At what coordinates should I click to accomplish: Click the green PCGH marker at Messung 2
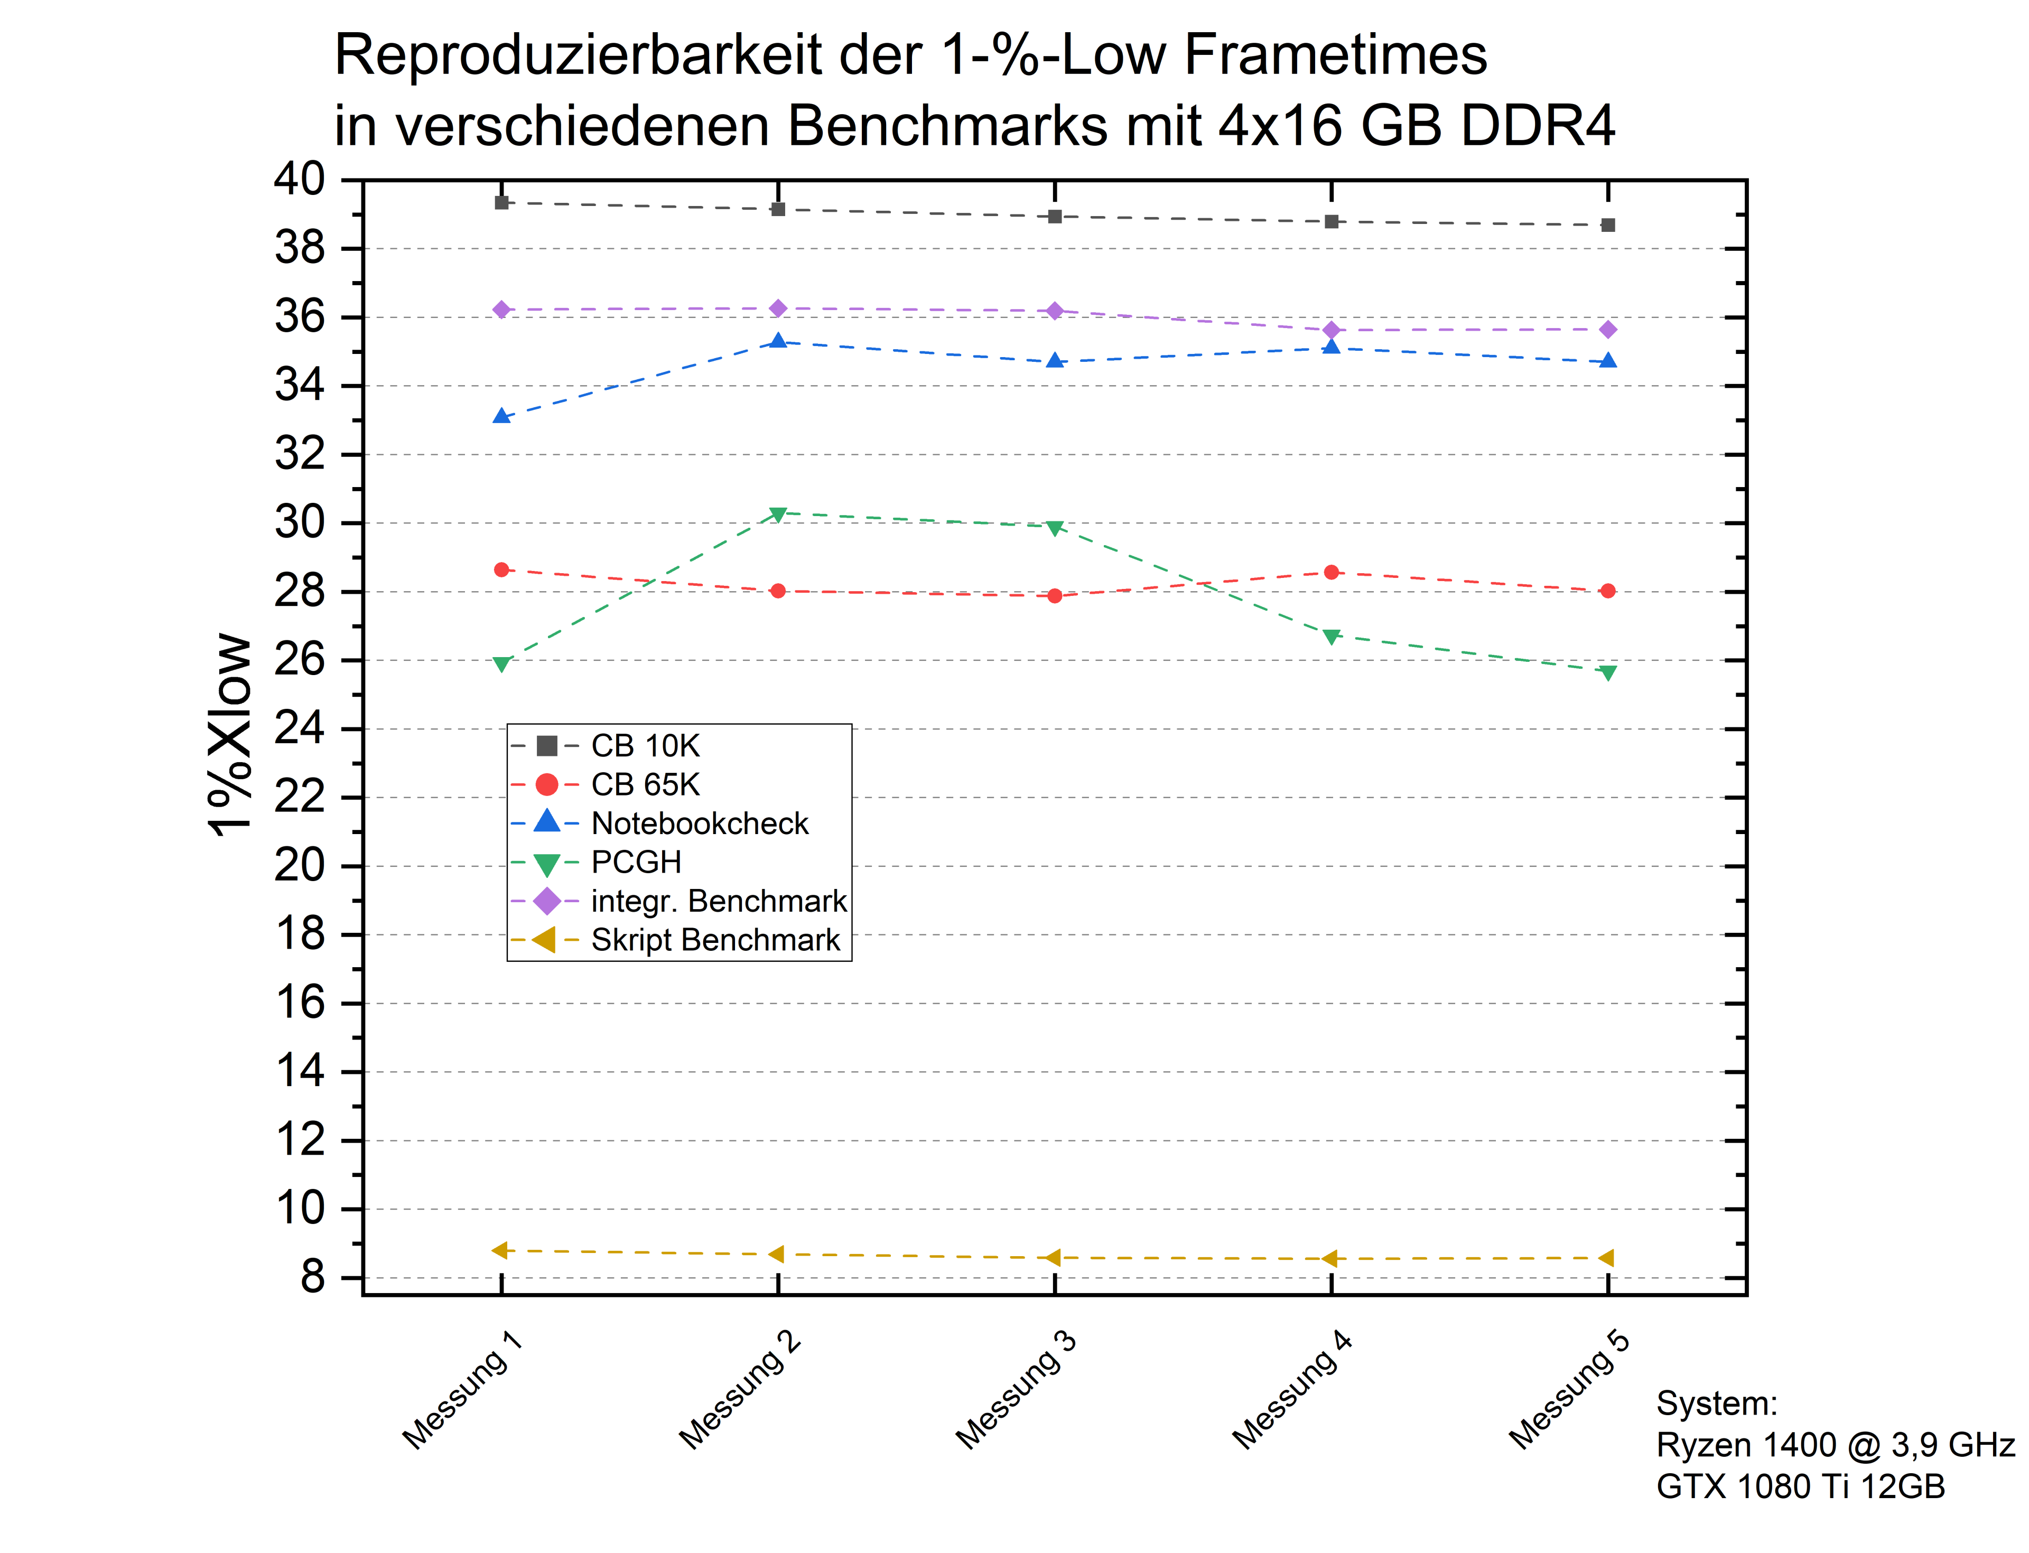tap(778, 514)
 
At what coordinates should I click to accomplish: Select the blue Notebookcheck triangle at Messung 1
tap(501, 417)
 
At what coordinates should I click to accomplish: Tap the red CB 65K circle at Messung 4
tap(1331, 572)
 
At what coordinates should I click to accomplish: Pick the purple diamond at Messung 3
tap(1054, 311)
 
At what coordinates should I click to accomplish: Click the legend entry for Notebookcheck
tap(699, 823)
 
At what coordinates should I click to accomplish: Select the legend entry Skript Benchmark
tap(715, 939)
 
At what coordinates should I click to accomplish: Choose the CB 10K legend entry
tap(645, 745)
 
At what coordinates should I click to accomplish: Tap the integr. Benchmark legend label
tap(719, 900)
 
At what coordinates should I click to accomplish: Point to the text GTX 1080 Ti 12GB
tap(1800, 1486)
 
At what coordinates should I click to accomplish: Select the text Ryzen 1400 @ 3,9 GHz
tap(1835, 1445)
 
